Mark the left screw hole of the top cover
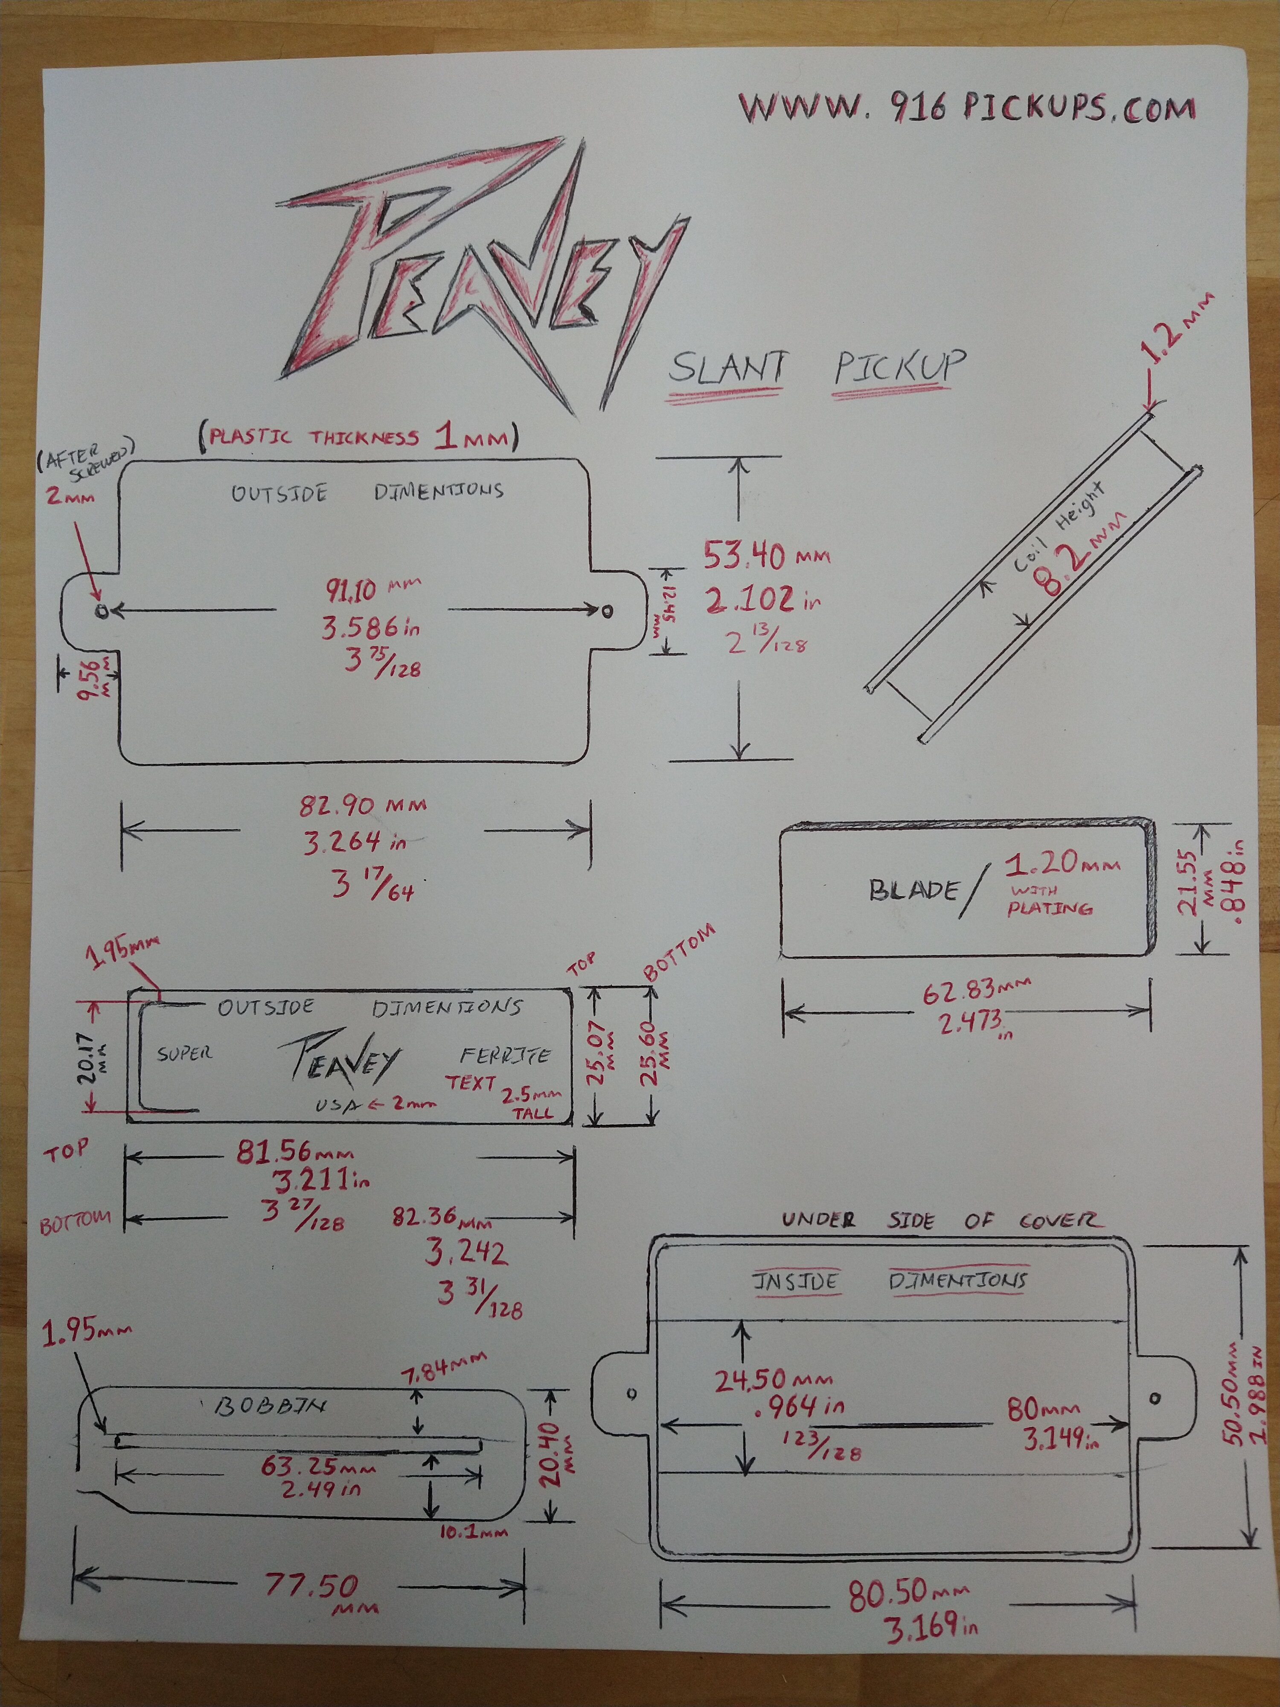coord(101,611)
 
